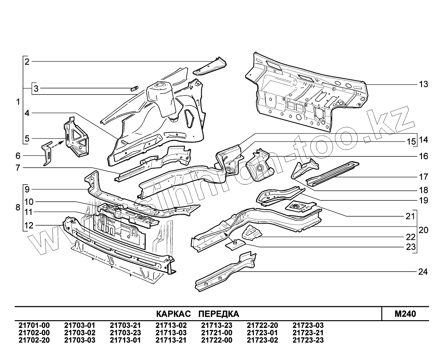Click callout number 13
[x=423, y=84]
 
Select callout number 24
[x=423, y=272]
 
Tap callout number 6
[x=18, y=156]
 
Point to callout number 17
[x=423, y=177]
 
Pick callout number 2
[x=27, y=62]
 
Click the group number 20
[x=423, y=230]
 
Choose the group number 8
[x=18, y=208]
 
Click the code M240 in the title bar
[x=405, y=314]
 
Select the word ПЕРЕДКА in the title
[x=219, y=314]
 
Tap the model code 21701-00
[x=34, y=325]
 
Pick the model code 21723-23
[x=308, y=340]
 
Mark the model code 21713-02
[x=171, y=325]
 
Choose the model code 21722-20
[x=262, y=325]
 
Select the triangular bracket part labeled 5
[x=77, y=138]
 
